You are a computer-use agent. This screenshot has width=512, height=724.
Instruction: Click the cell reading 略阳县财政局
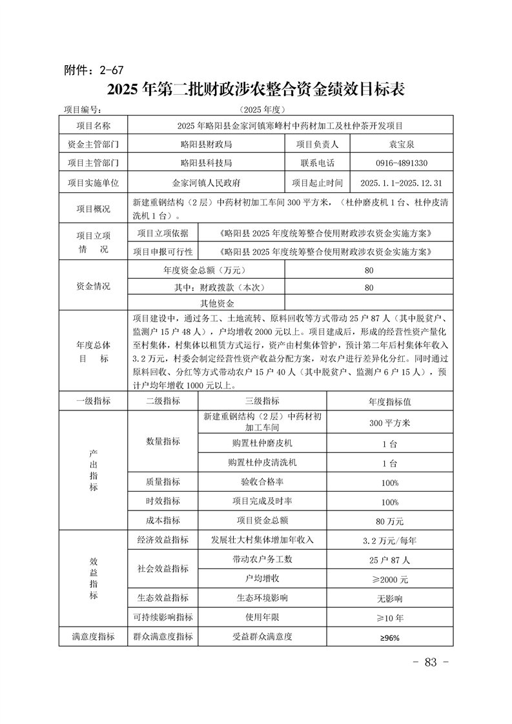(x=206, y=143)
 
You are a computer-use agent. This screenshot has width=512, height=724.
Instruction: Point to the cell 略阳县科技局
(x=206, y=163)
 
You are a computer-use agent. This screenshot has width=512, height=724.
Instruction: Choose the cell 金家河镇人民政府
(x=206, y=183)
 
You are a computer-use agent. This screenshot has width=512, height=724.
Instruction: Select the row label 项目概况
(x=94, y=208)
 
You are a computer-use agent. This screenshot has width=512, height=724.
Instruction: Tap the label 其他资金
(x=217, y=303)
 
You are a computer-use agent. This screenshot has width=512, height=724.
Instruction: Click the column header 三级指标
(x=261, y=401)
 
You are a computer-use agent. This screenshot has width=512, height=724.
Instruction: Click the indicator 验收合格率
(x=261, y=481)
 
